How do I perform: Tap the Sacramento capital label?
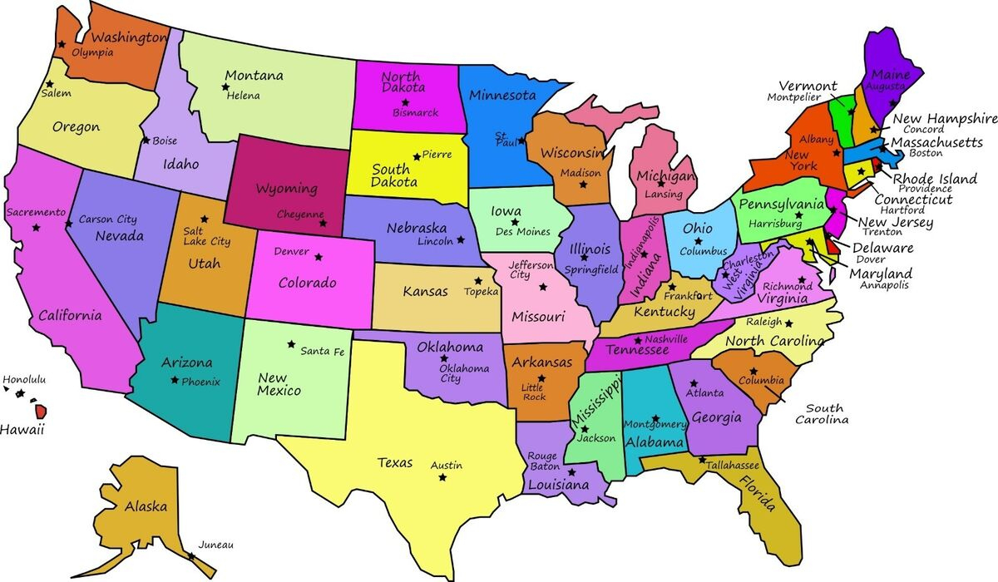pos(36,212)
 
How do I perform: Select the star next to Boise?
pos(146,140)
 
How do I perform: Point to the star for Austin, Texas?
pos(442,477)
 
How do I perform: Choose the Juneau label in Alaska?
pos(215,545)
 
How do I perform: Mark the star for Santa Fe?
pos(291,343)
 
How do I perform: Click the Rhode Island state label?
pos(935,178)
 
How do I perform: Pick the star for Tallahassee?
pos(703,460)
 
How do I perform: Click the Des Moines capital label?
pos(522,232)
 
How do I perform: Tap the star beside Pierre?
pos(417,155)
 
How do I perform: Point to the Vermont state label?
pos(808,86)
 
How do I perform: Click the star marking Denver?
pos(317,256)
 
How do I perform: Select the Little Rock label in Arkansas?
pos(532,392)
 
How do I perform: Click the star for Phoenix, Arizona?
pos(174,380)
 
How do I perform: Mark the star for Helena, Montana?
pos(225,86)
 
